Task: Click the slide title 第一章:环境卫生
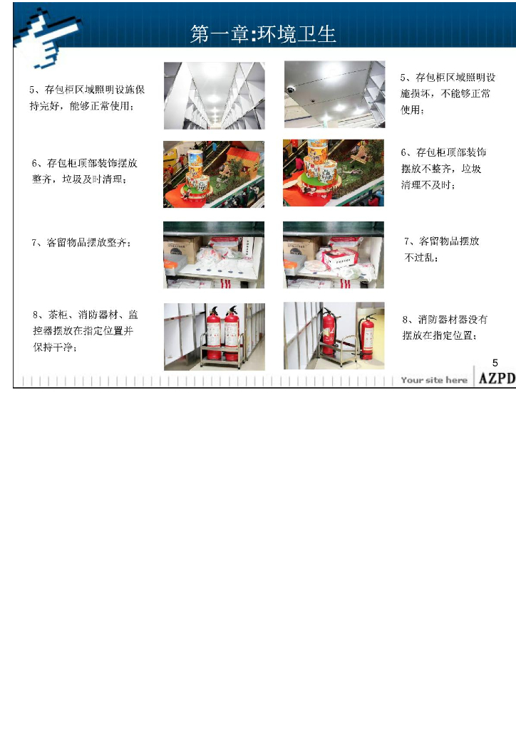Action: (x=263, y=34)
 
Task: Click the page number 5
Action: (x=495, y=363)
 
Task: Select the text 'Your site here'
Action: (x=434, y=380)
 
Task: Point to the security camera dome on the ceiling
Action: (x=291, y=89)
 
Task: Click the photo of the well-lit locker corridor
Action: (x=214, y=96)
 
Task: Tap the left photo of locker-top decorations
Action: (x=214, y=174)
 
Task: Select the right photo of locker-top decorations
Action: (x=334, y=173)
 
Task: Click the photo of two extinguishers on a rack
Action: (x=214, y=337)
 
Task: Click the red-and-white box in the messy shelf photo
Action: (x=339, y=258)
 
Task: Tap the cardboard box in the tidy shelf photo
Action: (x=182, y=248)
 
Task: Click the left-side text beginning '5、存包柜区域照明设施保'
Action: (x=87, y=98)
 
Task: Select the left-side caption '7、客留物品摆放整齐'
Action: (x=81, y=242)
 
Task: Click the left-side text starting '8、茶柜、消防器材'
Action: (x=85, y=330)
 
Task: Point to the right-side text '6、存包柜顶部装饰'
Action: (x=443, y=152)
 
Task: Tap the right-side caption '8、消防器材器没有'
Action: (x=445, y=320)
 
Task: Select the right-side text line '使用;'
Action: (x=412, y=110)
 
